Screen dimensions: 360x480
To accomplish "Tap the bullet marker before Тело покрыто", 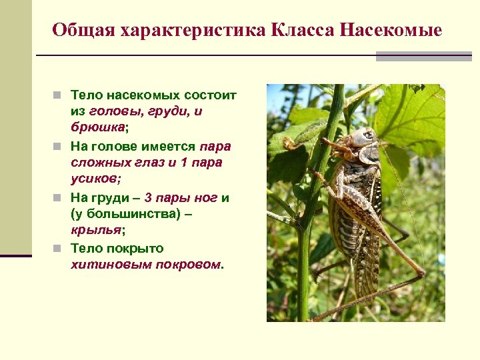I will pos(59,249).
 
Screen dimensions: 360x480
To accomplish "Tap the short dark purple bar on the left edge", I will pos(16,255).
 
